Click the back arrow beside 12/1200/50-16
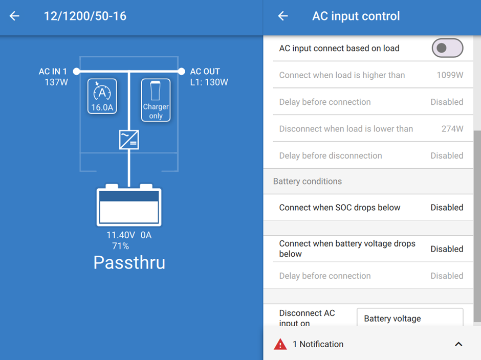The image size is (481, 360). [x=14, y=16]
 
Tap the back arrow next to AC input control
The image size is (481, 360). [x=283, y=16]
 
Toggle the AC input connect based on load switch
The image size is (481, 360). [x=447, y=49]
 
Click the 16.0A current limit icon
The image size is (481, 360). [x=102, y=96]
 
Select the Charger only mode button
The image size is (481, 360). [x=156, y=100]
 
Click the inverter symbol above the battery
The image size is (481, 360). [x=129, y=140]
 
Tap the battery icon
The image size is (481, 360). [x=129, y=206]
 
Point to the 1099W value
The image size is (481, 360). [x=450, y=75]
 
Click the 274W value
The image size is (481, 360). [x=452, y=129]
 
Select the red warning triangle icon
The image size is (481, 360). [x=280, y=344]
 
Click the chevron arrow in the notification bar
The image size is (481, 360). [x=458, y=344]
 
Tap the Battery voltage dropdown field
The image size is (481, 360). [x=410, y=318]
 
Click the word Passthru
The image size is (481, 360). [x=129, y=262]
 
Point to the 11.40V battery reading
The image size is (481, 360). [x=121, y=235]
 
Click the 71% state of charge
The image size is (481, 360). [x=121, y=246]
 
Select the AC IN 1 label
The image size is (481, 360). [x=53, y=72]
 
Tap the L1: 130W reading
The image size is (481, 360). [x=209, y=82]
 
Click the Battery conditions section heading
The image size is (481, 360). [x=308, y=182]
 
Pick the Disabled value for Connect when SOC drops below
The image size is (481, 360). [x=447, y=208]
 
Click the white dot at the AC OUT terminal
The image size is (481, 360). [x=181, y=72]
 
